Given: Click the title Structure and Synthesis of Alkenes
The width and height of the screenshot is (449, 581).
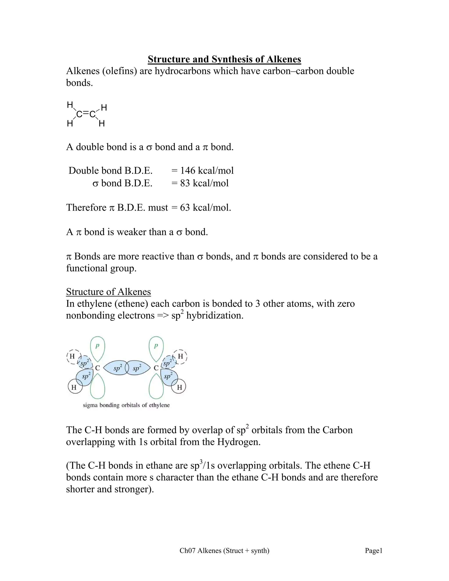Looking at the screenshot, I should click(224, 59).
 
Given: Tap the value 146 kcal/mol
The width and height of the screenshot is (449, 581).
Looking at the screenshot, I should click(207, 171).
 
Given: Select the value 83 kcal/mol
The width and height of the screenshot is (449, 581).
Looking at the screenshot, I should click(204, 183).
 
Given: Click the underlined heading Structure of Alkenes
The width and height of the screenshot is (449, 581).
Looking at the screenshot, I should click(109, 292).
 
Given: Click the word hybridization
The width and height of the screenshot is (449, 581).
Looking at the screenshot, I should click(215, 315).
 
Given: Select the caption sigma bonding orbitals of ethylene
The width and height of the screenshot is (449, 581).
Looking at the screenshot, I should click(126, 405).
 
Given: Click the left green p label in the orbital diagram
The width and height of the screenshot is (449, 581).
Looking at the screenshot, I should click(97, 346).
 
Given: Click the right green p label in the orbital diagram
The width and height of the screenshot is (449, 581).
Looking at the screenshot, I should click(156, 346).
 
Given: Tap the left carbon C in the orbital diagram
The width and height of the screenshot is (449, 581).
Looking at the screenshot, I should click(98, 368).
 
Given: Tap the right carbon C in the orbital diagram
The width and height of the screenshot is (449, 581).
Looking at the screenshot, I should click(156, 368).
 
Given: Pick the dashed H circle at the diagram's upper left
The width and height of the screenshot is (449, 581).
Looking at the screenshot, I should click(72, 356).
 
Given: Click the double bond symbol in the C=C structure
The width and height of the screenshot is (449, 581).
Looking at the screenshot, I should click(86, 114).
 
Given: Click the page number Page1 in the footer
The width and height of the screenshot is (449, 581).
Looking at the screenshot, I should click(373, 551).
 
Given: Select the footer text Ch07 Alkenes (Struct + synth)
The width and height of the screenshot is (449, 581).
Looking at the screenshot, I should click(224, 551).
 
